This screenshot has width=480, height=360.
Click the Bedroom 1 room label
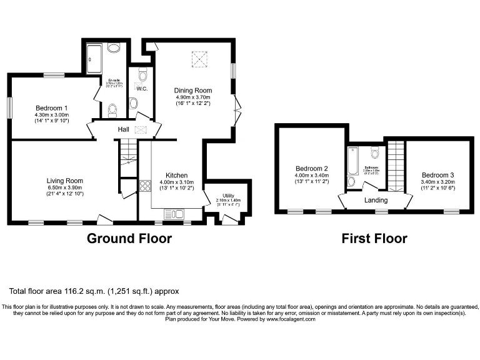51,107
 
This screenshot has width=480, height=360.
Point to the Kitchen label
177,175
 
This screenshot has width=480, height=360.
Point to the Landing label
376,201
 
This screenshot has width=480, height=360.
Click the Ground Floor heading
129,238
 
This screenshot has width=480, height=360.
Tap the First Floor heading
374,238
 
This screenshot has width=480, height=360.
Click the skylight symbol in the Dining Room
198,61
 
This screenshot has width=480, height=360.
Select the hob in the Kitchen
144,185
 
